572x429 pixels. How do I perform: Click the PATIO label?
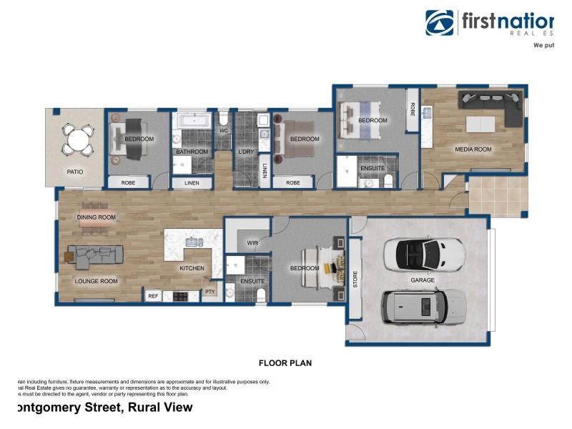75,172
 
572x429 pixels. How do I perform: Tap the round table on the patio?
77,139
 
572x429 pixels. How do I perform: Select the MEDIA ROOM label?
473,149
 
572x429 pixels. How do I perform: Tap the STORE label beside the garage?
355,279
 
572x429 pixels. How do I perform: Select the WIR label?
252,244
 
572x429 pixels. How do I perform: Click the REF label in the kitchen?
152,295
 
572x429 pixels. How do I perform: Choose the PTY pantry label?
210,292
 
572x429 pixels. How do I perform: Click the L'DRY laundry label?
246,152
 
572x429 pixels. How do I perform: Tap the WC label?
224,131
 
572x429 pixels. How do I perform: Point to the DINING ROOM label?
97,217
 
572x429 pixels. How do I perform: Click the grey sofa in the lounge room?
96,255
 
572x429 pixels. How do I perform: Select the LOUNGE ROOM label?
97,281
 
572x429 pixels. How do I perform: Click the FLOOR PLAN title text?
285,363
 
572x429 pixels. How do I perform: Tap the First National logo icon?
439,23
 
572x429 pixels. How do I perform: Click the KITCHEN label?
192,268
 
